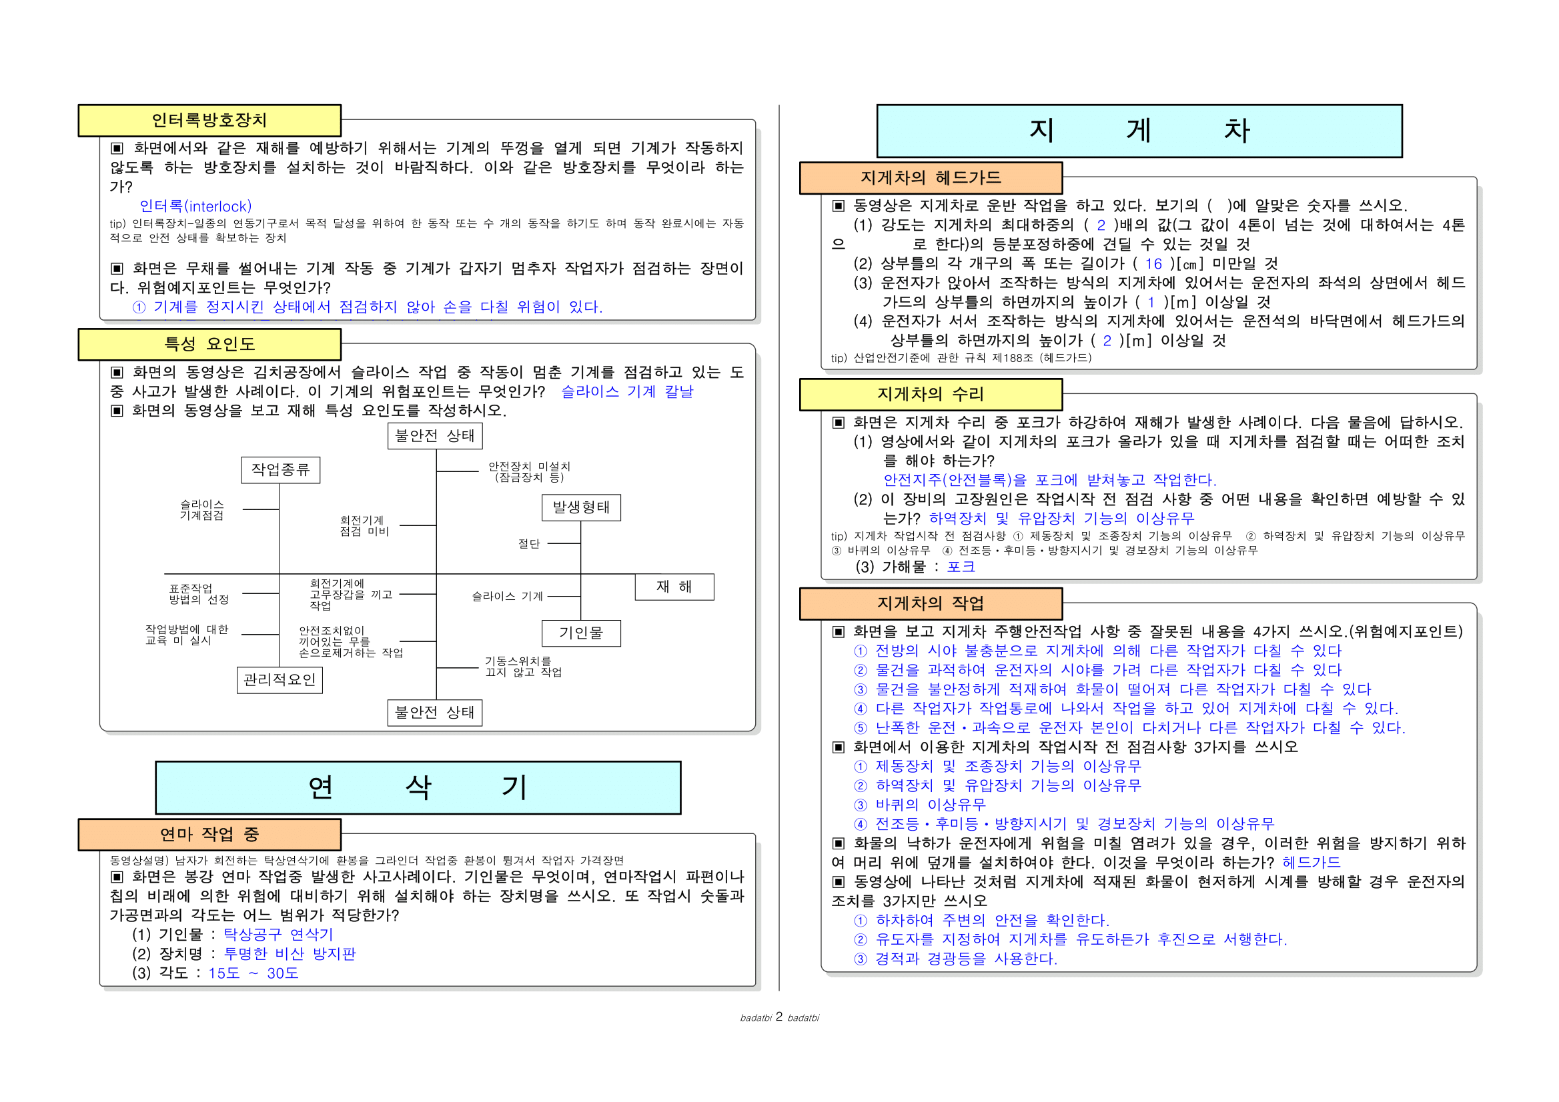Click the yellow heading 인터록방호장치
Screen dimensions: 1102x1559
[x=209, y=121]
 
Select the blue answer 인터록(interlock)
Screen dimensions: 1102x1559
[x=195, y=206]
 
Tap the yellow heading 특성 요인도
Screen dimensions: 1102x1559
[x=209, y=345]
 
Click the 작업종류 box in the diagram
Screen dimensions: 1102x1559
[x=280, y=469]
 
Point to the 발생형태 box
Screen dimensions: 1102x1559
[x=581, y=507]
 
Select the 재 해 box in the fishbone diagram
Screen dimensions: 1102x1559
[x=674, y=587]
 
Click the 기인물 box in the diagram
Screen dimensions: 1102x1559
[x=581, y=633]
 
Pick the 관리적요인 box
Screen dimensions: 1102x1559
[x=280, y=680]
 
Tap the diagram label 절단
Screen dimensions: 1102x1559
[x=529, y=543]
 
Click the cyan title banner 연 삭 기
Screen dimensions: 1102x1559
[x=418, y=788]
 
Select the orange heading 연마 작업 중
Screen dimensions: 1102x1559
[x=209, y=835]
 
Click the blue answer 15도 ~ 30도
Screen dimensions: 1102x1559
[x=253, y=974]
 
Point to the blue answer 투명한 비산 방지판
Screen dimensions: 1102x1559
[x=290, y=954]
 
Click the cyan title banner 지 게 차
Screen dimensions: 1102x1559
[x=1139, y=131]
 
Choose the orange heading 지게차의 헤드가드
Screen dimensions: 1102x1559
[x=931, y=178]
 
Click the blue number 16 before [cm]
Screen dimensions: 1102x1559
[x=1153, y=264]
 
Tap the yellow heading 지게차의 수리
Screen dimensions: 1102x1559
[x=931, y=394]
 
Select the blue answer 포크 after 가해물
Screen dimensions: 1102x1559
[x=961, y=567]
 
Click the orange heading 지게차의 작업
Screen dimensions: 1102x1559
[x=931, y=604]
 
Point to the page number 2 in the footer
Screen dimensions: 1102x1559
[x=778, y=1017]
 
